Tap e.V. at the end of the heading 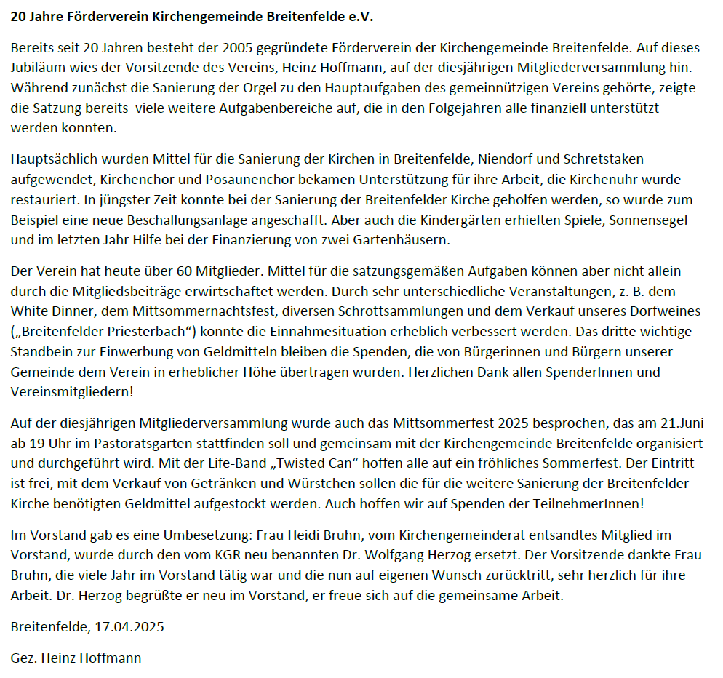tap(360, 16)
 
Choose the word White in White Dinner tap(29, 311)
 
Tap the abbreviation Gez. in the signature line tap(24, 658)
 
